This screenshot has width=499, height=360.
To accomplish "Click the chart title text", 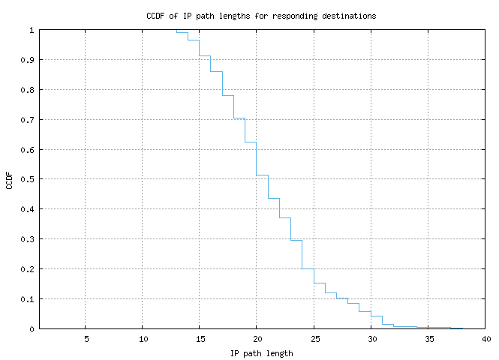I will click(x=261, y=15).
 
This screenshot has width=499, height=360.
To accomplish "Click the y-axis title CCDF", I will click(x=10, y=180).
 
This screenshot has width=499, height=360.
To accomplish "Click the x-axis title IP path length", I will click(x=261, y=352).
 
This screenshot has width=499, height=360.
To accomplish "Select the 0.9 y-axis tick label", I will click(x=28, y=60).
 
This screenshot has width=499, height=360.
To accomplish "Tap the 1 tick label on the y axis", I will click(x=32, y=30).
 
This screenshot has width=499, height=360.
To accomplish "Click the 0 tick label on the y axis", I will click(x=32, y=328).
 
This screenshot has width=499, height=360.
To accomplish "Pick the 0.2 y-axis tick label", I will click(x=28, y=269).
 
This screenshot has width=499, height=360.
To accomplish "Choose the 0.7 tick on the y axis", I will click(x=28, y=120).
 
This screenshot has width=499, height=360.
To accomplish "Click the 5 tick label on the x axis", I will click(x=86, y=339).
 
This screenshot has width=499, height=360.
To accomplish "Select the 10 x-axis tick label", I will click(x=143, y=339).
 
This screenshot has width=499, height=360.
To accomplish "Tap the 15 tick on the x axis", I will click(x=200, y=339).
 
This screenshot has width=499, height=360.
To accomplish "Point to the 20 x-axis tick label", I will click(x=257, y=339).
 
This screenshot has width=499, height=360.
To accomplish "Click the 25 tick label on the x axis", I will click(x=314, y=339).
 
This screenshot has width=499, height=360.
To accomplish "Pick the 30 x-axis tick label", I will click(x=371, y=339).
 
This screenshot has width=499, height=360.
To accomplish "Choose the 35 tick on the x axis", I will click(x=428, y=339).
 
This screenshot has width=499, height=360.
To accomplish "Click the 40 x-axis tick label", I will click(x=485, y=339).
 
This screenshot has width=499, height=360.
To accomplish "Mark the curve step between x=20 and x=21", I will click(x=262, y=175).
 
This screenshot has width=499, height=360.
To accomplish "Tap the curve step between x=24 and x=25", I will click(x=308, y=268).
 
